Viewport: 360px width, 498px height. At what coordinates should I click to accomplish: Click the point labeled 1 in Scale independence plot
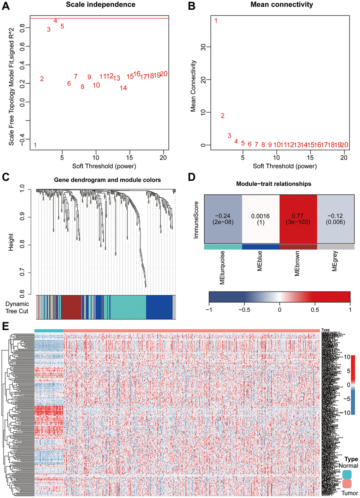click(35, 145)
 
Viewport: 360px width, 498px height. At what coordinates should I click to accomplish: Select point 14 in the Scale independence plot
click(123, 88)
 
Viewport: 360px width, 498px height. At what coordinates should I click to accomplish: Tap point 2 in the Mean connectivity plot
click(222, 116)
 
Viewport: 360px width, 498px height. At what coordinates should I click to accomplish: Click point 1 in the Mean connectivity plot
click(216, 20)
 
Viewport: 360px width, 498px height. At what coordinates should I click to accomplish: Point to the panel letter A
click(6, 6)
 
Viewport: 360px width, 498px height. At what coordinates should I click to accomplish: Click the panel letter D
click(192, 176)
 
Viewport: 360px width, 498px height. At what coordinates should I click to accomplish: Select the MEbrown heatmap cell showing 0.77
click(298, 219)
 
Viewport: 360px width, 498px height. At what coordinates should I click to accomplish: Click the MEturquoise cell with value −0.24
click(223, 219)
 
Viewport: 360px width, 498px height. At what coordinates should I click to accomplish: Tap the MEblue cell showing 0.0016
click(260, 219)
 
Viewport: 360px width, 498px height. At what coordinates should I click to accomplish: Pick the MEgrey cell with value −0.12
click(336, 219)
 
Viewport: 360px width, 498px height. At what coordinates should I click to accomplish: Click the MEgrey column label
click(335, 261)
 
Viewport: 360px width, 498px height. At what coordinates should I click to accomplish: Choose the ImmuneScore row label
click(196, 220)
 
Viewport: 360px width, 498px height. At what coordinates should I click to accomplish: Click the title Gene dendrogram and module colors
click(107, 180)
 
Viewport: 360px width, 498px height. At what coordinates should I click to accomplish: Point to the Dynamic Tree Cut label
click(17, 307)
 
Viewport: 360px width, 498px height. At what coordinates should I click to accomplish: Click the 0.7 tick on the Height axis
click(22, 272)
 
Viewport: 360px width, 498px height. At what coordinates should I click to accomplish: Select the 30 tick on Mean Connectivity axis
click(203, 47)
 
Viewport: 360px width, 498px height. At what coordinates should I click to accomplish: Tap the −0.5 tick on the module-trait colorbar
click(244, 310)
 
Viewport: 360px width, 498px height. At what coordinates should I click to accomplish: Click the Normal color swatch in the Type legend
click(347, 474)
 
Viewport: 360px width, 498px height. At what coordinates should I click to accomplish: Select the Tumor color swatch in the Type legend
click(347, 484)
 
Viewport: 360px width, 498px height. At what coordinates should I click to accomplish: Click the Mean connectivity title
click(282, 5)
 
